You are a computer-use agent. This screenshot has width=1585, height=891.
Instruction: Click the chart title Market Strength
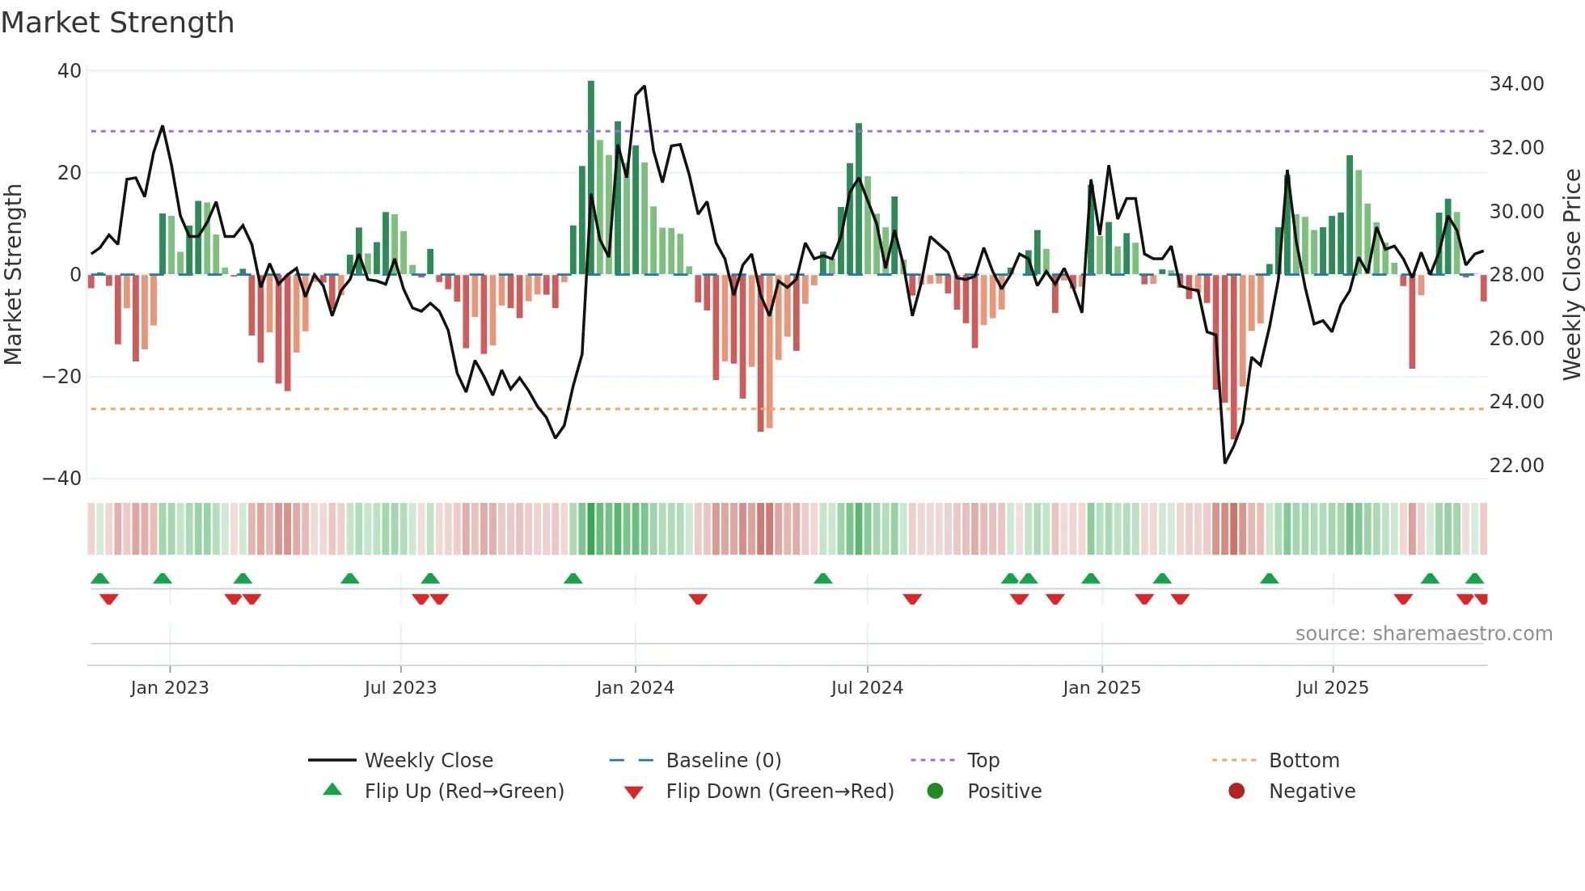point(117,23)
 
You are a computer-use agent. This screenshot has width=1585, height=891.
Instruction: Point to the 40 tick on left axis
point(70,71)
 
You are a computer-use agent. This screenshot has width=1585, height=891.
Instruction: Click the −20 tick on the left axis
point(62,377)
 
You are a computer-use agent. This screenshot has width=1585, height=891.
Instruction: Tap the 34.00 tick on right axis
point(1516,84)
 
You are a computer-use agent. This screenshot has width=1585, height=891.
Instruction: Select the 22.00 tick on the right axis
point(1516,466)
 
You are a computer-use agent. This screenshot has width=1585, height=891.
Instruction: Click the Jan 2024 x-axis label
point(635,688)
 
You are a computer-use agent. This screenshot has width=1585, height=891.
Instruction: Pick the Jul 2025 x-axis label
point(1332,688)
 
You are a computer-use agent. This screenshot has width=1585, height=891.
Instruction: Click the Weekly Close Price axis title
point(1571,275)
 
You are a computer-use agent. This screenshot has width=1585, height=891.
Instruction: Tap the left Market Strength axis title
point(14,275)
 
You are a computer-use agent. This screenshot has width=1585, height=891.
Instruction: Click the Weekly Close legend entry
point(429,761)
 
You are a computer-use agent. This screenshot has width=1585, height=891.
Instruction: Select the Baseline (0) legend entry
point(723,761)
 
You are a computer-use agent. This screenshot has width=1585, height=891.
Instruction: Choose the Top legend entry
point(983,761)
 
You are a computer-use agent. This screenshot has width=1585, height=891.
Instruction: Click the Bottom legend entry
point(1304,761)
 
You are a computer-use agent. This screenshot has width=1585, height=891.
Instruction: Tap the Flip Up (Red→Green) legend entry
point(463,792)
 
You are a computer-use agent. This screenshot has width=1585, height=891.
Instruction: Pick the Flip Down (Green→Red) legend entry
point(780,792)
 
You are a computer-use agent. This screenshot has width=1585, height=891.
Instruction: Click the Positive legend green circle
point(936,792)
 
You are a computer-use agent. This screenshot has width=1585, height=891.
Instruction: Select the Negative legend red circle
point(1236,792)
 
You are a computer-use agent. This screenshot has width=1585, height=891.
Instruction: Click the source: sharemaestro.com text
point(1423,634)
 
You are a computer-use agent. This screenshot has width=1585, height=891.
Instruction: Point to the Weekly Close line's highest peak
point(644,87)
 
